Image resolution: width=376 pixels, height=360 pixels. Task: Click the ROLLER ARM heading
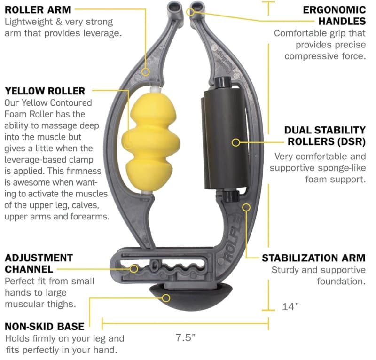tap(38, 10)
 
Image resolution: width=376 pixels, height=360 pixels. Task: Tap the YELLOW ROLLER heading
tap(45, 91)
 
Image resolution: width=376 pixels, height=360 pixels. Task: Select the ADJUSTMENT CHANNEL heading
tap(39, 263)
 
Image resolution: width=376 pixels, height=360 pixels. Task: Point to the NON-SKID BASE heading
tap(45, 327)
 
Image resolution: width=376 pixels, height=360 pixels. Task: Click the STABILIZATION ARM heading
tap(313, 258)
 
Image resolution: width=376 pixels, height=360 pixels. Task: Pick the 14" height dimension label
tap(290, 306)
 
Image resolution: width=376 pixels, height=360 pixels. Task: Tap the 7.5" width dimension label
tap(186, 337)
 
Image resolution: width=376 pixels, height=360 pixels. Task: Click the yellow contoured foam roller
tap(151, 142)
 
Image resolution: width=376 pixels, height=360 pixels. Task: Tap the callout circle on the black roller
tap(236, 142)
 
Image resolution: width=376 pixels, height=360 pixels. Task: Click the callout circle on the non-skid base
tap(166, 298)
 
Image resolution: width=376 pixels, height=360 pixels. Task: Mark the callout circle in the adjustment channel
tap(134, 269)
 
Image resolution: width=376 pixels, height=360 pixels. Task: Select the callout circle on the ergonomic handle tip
tap(190, 12)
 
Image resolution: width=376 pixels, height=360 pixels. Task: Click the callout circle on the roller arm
tap(146, 72)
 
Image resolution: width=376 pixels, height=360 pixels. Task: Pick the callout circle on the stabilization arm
tap(246, 207)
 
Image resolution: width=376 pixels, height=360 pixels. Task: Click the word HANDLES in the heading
tap(342, 21)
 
